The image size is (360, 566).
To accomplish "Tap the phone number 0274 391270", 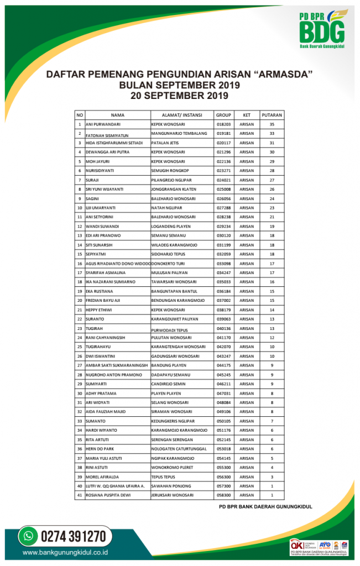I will click(x=72, y=536).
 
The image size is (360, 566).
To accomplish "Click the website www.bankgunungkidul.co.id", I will click(x=65, y=552).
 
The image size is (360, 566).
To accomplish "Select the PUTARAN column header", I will click(x=272, y=115).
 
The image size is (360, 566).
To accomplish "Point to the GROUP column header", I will click(x=223, y=115).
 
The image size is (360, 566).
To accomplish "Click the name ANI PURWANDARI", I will click(x=103, y=124).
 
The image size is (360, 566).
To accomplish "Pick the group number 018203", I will click(x=223, y=124).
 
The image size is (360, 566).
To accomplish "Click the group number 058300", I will click(x=223, y=495).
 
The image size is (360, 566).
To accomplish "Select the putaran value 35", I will click(x=272, y=124).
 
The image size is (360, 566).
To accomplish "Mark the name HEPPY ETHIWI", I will click(x=100, y=310).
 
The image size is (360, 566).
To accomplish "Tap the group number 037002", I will click(x=223, y=300).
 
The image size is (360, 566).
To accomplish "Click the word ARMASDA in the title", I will click(x=283, y=74).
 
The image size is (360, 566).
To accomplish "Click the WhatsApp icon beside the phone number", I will click(x=27, y=536).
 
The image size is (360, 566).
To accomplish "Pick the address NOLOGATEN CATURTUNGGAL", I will click(x=179, y=448).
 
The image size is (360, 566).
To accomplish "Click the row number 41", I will click(x=80, y=495).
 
